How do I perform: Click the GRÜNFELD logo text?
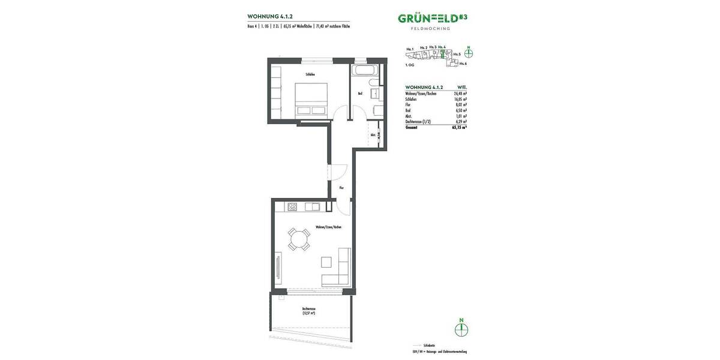(x=428, y=18)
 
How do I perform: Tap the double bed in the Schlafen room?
(x=311, y=99)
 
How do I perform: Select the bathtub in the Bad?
(x=364, y=71)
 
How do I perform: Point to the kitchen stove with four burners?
(x=292, y=207)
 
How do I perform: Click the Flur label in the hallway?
(x=341, y=188)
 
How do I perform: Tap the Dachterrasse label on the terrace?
(x=309, y=309)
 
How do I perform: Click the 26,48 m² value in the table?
(x=460, y=94)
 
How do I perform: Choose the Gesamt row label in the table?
(x=411, y=127)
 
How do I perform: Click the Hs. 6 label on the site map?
(x=463, y=63)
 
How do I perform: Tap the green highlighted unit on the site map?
(x=442, y=53)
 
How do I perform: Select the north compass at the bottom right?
(x=461, y=329)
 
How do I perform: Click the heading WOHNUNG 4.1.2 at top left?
(x=270, y=17)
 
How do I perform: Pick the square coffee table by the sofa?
(x=326, y=262)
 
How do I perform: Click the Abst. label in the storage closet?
(x=373, y=135)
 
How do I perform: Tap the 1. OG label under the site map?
(x=410, y=64)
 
